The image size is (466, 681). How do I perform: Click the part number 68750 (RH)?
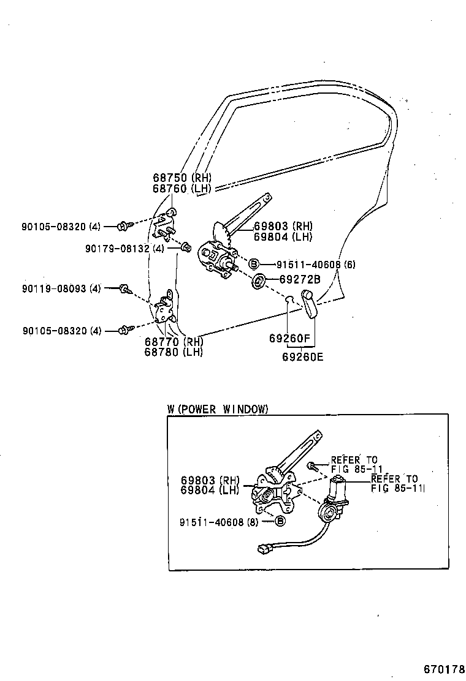pyautogui.click(x=181, y=178)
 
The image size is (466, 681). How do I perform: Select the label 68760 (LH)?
pyautogui.click(x=181, y=189)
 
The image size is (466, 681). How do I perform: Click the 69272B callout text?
pyautogui.click(x=300, y=280)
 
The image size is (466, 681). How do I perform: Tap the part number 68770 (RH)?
pyautogui.click(x=174, y=341)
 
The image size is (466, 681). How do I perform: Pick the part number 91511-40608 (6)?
pyautogui.click(x=315, y=265)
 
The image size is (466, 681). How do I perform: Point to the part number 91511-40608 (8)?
pyautogui.click(x=220, y=522)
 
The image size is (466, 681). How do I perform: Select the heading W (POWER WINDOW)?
pyautogui.click(x=218, y=409)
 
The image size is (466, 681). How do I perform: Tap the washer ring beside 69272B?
pyautogui.click(x=259, y=281)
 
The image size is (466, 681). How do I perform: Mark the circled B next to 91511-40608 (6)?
pyautogui.click(x=254, y=264)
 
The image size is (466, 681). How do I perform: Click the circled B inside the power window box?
pyautogui.click(x=280, y=521)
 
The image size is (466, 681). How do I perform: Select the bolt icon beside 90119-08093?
pyautogui.click(x=124, y=288)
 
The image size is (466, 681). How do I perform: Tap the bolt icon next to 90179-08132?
pyautogui.click(x=184, y=247)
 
